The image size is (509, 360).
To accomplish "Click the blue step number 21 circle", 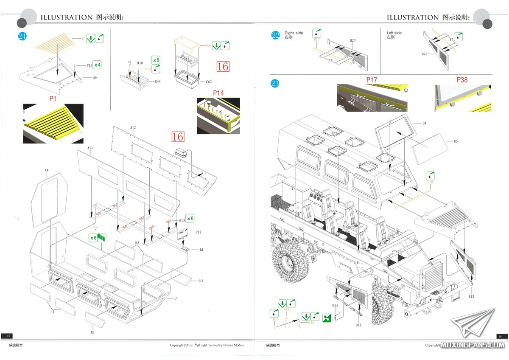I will pos(22,37).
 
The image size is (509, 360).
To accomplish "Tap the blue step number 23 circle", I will pos(275,84).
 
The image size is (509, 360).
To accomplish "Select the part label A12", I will pos(133,127).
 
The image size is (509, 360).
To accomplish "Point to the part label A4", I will pos(47,170).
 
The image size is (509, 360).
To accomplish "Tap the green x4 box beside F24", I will pos(97,65).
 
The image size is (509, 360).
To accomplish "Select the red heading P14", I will pos(218,93).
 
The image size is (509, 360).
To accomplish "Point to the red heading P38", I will pos(462,79).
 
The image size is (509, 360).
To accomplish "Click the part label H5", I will pos(456,141).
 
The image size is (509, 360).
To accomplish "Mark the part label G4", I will pos(425,124).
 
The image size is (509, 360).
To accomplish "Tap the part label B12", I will pos(471,297).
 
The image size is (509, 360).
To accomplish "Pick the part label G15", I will pos(335,305).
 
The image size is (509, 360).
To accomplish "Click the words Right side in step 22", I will pos(294,33).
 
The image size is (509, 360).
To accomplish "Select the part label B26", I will pos(425,54).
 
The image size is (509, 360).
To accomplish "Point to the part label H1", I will pos(92,332).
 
